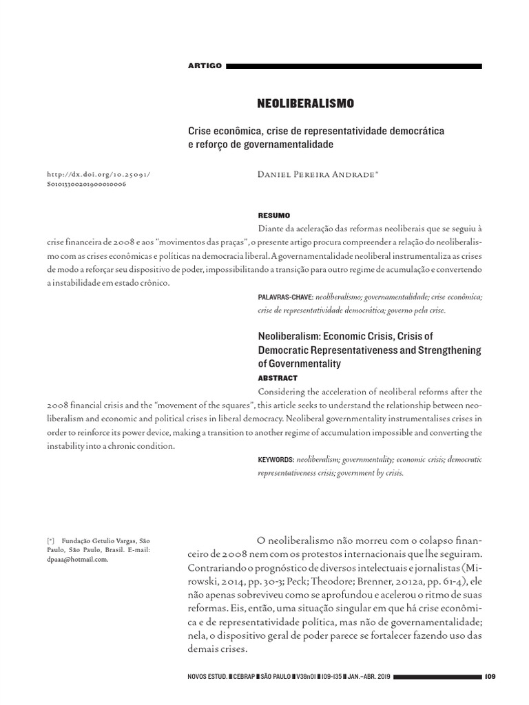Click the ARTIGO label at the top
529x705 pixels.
coord(205,66)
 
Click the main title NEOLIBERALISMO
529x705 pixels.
coord(305,103)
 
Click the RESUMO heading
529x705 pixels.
coord(273,215)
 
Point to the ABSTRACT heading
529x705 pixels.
coord(278,378)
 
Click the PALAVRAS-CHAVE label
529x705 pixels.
coord(285,297)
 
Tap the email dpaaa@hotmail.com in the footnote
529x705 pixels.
coord(74,560)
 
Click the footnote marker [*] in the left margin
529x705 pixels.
coord(50,540)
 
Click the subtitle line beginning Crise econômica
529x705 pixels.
coord(316,131)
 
